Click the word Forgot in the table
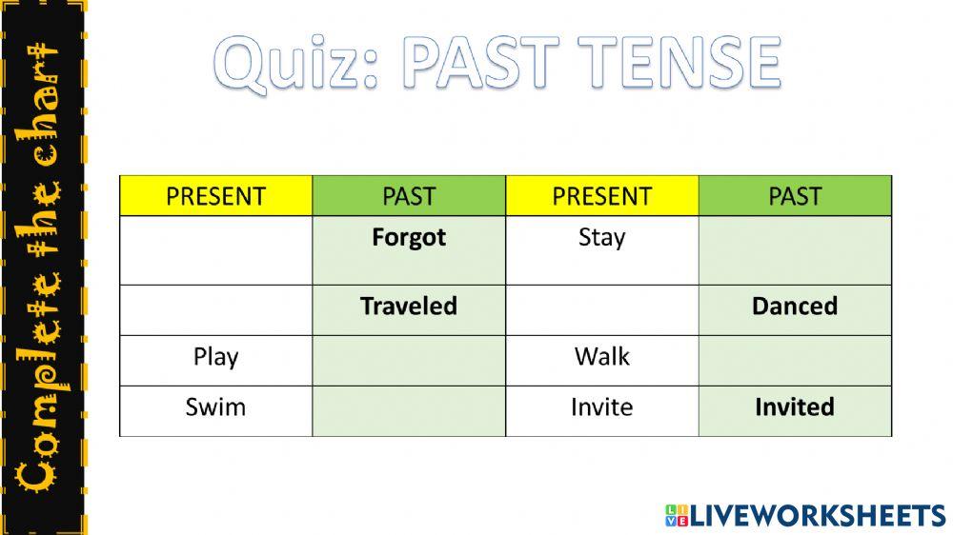point(409,237)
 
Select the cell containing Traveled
point(409,307)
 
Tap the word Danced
point(794,307)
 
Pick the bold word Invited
point(794,407)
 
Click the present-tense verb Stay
point(601,237)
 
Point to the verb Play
point(215,357)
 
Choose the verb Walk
point(601,357)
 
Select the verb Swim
point(215,407)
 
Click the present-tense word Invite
point(601,407)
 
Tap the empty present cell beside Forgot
point(215,249)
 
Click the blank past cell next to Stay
point(795,249)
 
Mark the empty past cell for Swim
point(409,411)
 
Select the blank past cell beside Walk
point(795,360)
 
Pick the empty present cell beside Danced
point(601,309)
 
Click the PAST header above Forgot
point(409,196)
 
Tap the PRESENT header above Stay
point(601,196)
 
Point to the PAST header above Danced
point(795,196)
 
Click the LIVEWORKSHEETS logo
point(805,515)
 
